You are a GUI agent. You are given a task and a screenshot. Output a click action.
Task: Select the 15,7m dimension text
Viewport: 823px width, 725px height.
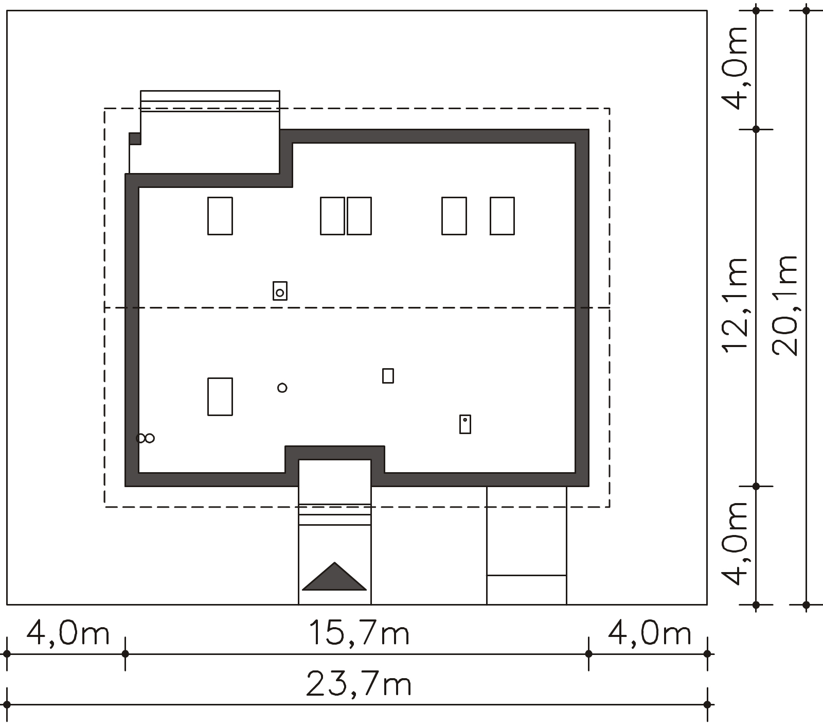coord(359,633)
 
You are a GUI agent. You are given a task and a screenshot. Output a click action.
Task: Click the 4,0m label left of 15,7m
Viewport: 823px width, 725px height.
coord(68,633)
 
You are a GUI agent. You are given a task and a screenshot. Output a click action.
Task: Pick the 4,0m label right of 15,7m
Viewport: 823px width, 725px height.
coord(650,633)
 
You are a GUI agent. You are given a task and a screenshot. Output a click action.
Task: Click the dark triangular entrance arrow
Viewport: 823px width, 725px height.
coord(334,576)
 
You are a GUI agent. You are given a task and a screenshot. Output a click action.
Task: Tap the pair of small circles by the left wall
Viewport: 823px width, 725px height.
coord(145,438)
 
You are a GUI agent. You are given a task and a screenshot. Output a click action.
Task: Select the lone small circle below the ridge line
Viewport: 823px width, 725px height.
coord(282,388)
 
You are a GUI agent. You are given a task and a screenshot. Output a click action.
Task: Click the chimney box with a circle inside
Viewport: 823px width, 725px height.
coord(280,291)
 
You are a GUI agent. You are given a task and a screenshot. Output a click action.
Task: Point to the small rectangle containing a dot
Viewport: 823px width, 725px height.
coord(465,424)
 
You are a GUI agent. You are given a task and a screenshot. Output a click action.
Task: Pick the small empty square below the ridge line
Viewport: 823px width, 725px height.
coord(388,376)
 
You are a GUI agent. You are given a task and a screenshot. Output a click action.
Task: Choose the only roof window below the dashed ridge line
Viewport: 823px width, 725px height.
coord(220,396)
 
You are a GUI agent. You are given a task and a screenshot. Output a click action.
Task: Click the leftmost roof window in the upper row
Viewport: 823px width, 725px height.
coord(220,216)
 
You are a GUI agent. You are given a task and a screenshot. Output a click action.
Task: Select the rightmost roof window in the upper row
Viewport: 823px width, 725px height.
coord(502,216)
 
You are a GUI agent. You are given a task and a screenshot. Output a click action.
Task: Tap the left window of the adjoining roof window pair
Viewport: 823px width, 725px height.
coord(332,216)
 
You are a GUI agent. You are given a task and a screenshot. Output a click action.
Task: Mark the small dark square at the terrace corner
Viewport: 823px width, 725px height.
coord(135,139)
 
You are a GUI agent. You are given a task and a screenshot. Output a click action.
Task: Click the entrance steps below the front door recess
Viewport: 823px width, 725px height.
coord(335,514)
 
